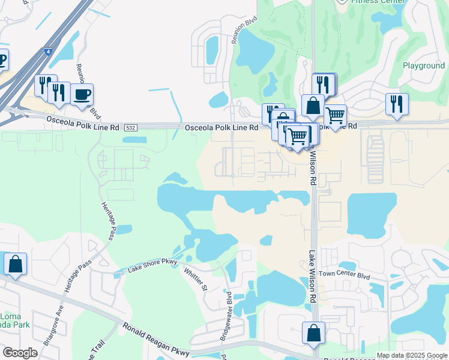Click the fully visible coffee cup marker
coord(82,95)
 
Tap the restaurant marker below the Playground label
coord(397,103)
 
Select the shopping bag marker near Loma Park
coord(15,264)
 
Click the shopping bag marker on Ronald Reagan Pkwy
coord(313,334)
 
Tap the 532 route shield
coord(130,128)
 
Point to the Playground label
coord(424,65)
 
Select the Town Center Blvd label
coord(344,274)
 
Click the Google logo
coord(20,353)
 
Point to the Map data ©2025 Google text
coord(412,355)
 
